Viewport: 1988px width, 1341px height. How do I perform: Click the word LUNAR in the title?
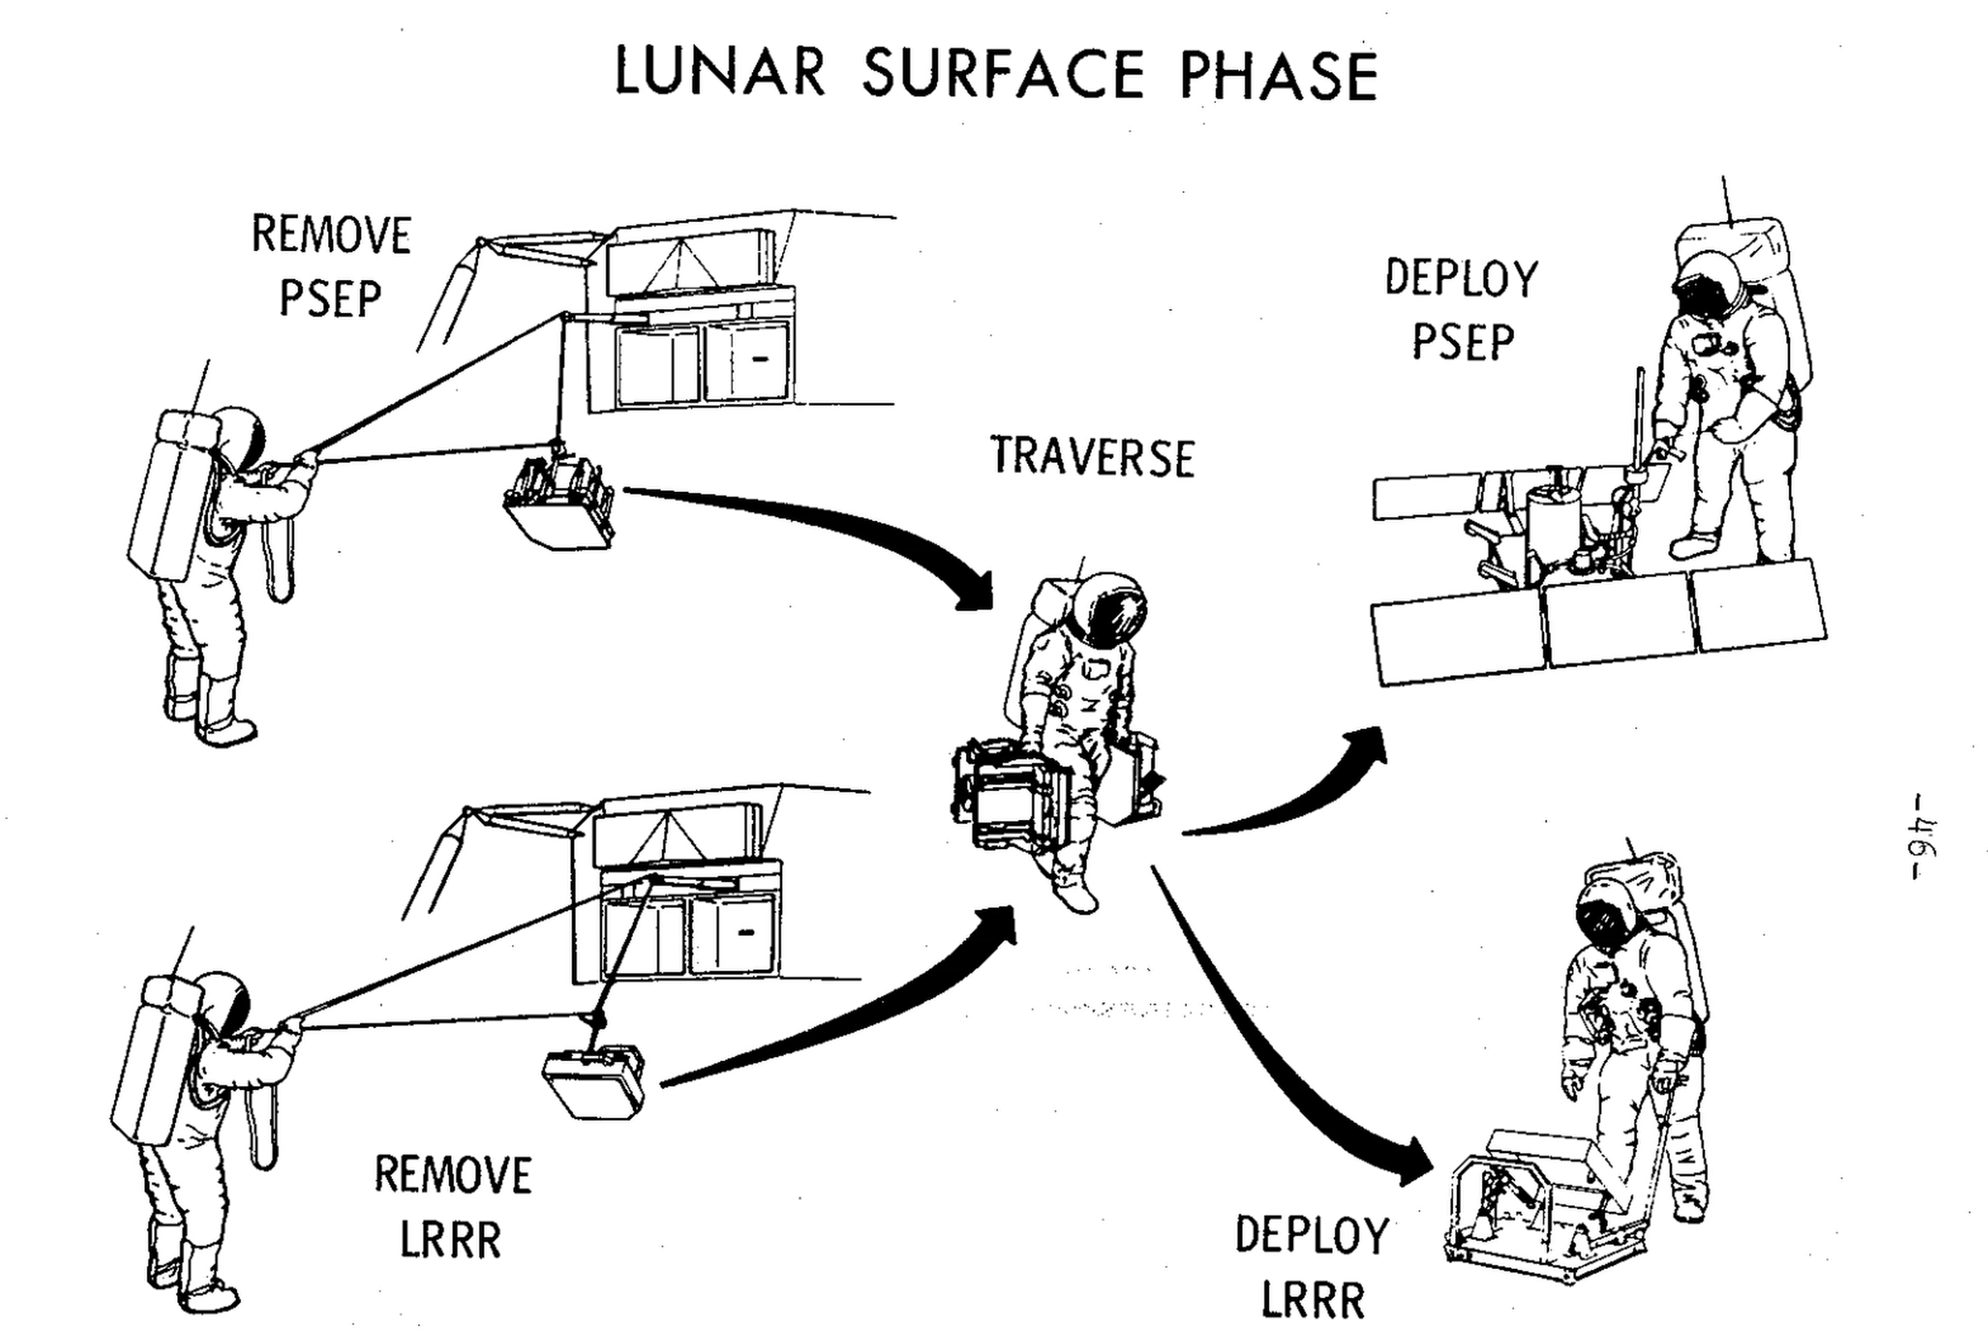720,74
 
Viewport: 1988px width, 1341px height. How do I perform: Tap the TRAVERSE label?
1092,457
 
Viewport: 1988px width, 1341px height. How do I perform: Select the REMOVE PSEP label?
331,266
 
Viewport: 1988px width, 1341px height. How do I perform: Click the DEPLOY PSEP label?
1461,311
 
